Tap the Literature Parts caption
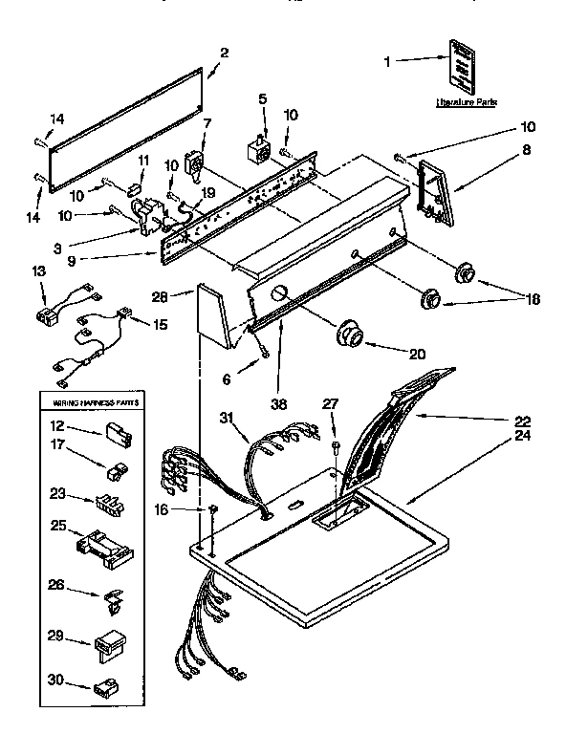point(466,100)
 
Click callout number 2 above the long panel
point(224,54)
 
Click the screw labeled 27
point(336,445)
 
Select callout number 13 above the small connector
point(38,272)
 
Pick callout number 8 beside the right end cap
point(525,150)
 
